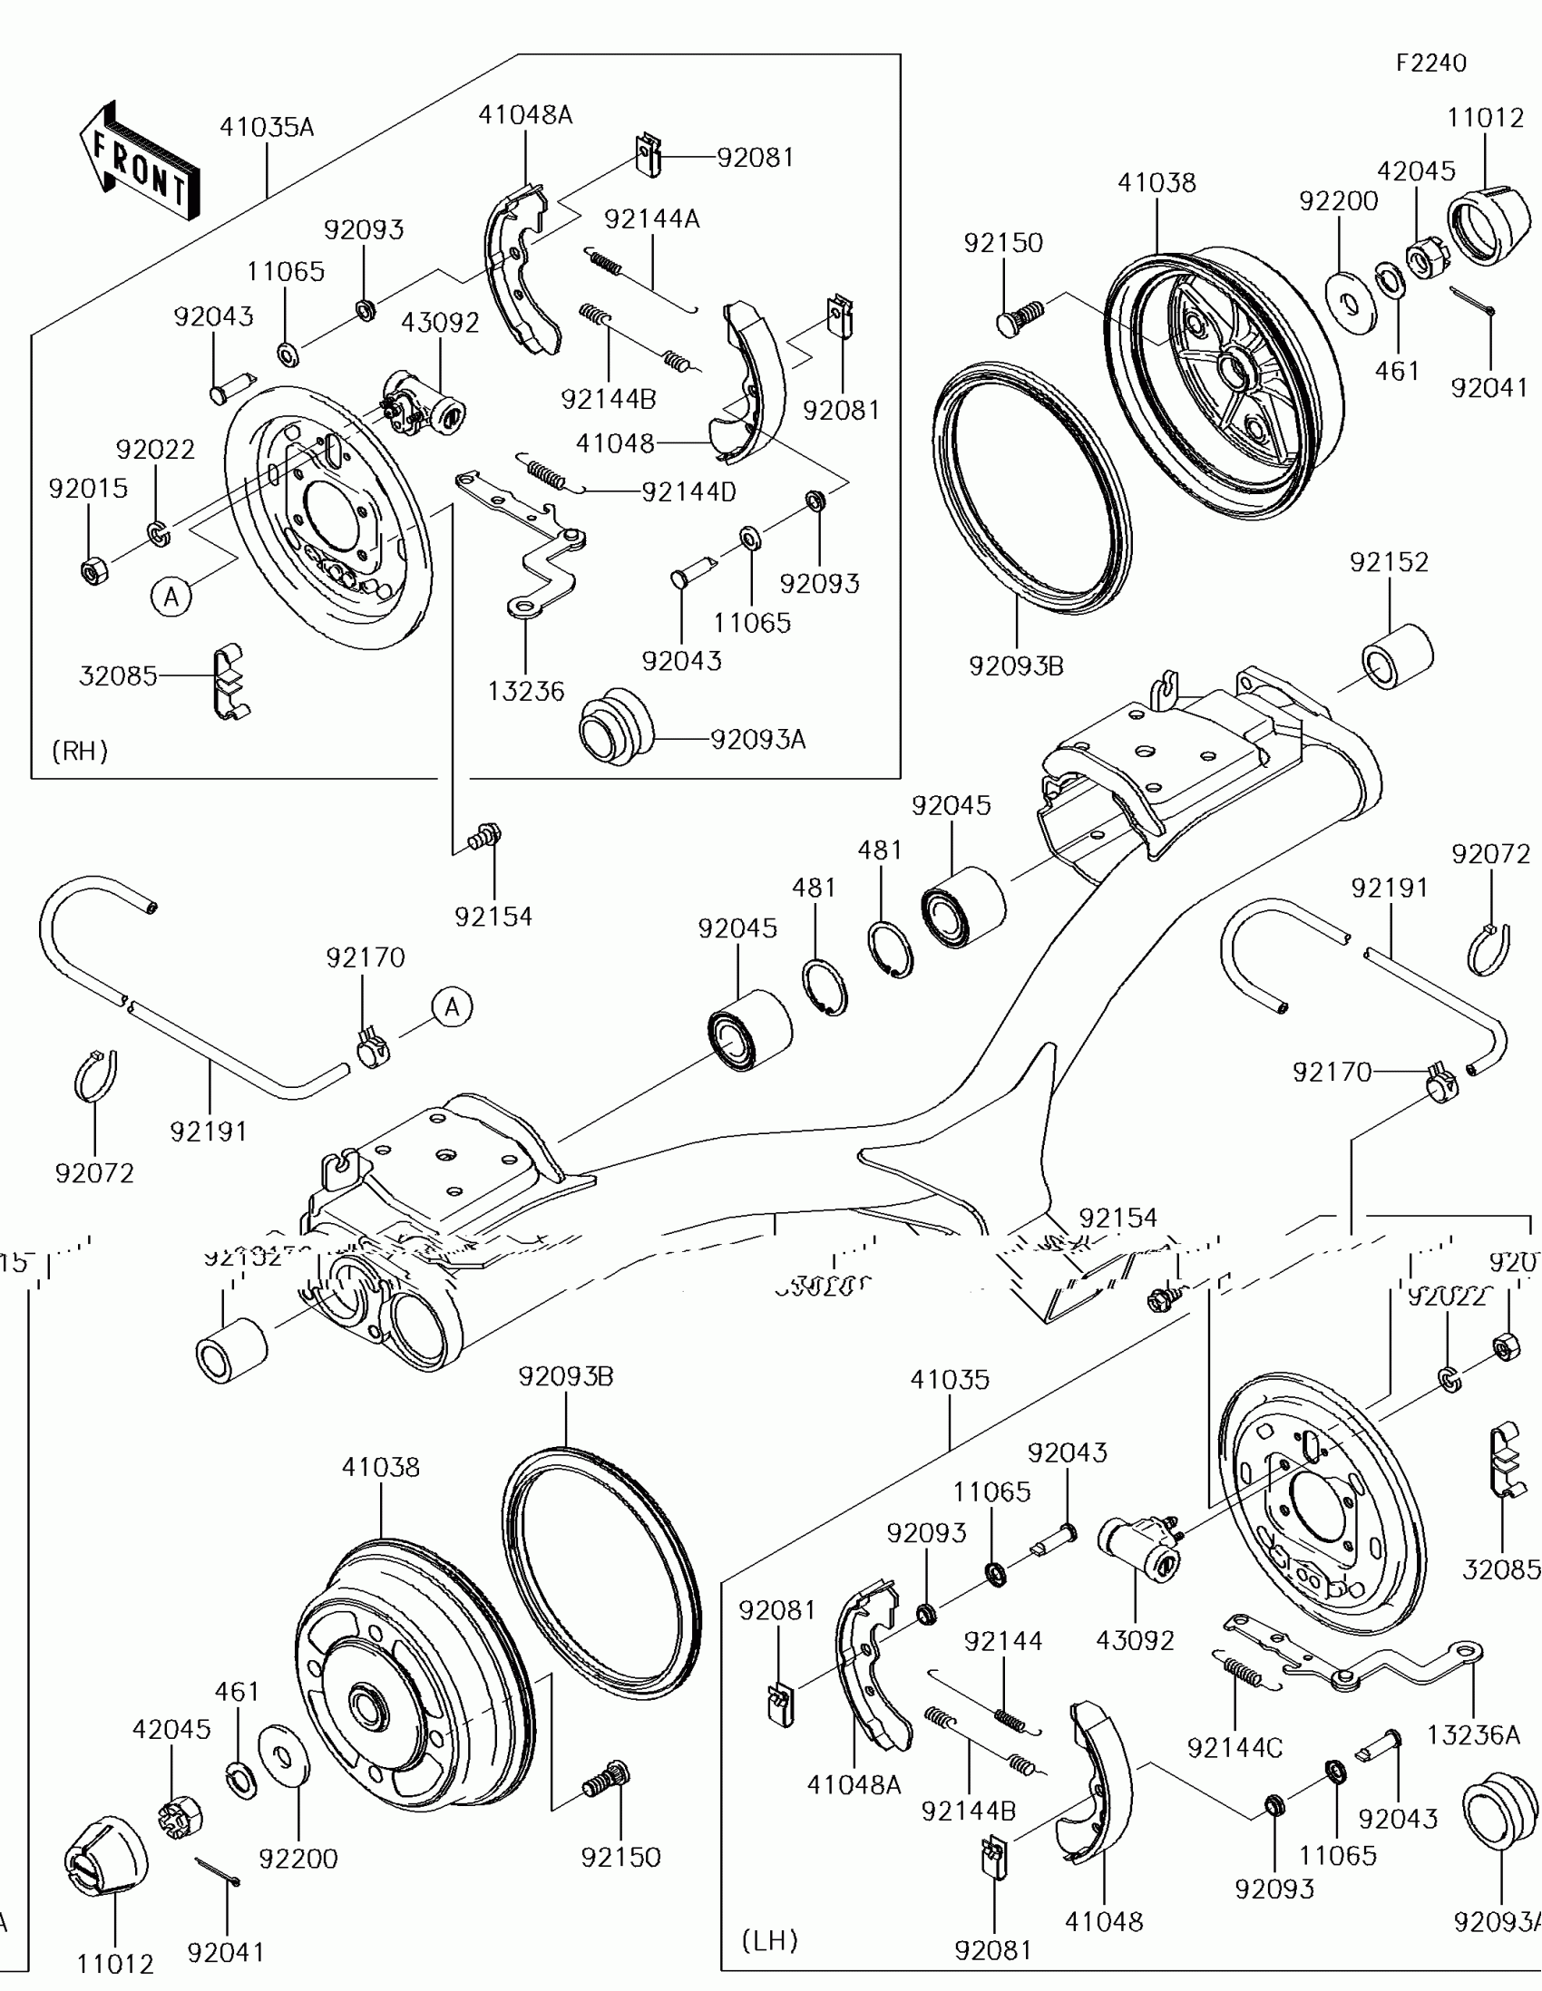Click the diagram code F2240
(1430, 63)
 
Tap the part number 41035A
(267, 128)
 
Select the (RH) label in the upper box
(80, 752)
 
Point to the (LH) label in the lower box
(769, 1940)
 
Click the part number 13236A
(1473, 1734)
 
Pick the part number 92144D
(688, 492)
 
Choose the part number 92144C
(1235, 1748)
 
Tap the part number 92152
(1389, 562)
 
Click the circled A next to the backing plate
(171, 597)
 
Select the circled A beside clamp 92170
(453, 1007)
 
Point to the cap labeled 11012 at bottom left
(106, 1854)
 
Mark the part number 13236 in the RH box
(525, 692)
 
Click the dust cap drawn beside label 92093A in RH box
(616, 726)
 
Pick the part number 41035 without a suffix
(950, 1379)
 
